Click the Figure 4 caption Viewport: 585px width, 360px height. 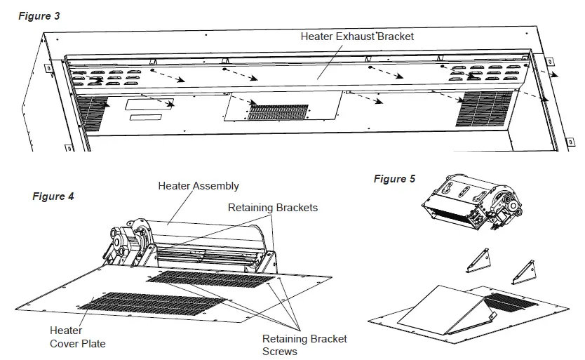tap(53, 196)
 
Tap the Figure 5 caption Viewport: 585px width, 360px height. tap(394, 179)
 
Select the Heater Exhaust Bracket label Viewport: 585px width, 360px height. tap(357, 36)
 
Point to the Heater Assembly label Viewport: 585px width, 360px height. tap(199, 186)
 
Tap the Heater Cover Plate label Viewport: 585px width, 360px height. tap(77, 337)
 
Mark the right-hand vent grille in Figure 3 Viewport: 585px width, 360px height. tap(483, 108)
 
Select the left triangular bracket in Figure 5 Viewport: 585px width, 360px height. tap(478, 261)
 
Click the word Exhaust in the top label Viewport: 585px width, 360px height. tap(356, 36)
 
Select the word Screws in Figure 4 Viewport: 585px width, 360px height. tap(280, 351)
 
